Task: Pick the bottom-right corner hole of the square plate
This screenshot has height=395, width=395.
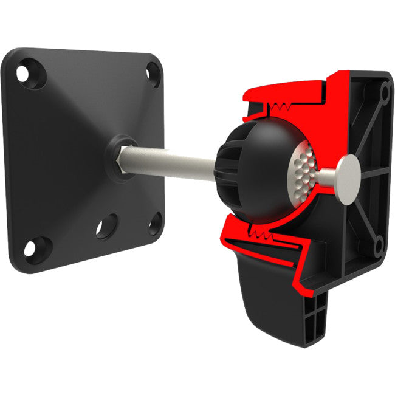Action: click(x=156, y=223)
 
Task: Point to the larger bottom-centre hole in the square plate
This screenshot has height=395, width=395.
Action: click(x=108, y=226)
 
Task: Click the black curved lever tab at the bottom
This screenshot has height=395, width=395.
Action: click(x=267, y=292)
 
